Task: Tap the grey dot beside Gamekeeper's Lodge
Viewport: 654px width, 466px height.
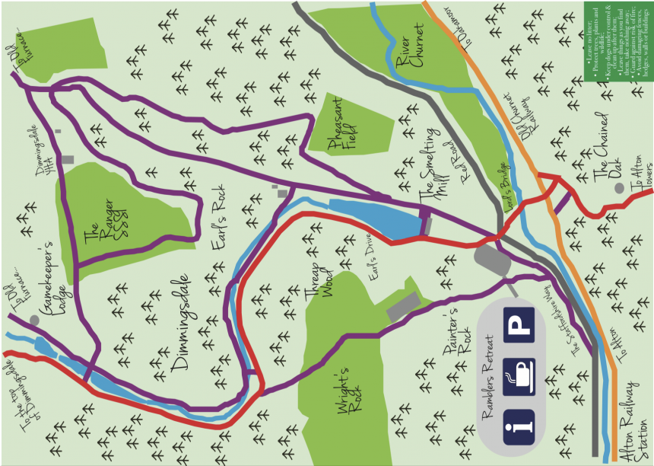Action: coord(34,321)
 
